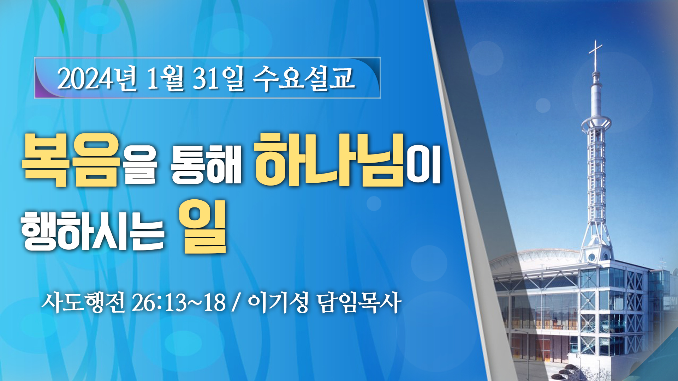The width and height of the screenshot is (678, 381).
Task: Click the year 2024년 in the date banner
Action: point(97,78)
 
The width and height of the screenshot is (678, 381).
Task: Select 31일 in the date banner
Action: point(218,78)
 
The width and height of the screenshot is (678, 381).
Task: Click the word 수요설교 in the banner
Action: point(304,78)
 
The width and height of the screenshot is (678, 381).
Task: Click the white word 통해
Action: point(206,165)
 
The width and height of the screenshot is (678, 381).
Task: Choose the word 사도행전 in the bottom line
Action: point(83,303)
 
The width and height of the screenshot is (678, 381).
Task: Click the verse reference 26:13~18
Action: point(179,303)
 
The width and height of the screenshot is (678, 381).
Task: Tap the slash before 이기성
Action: point(236,303)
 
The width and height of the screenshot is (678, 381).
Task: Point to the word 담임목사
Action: point(359,303)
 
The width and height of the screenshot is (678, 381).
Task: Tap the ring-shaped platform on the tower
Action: point(596,123)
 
